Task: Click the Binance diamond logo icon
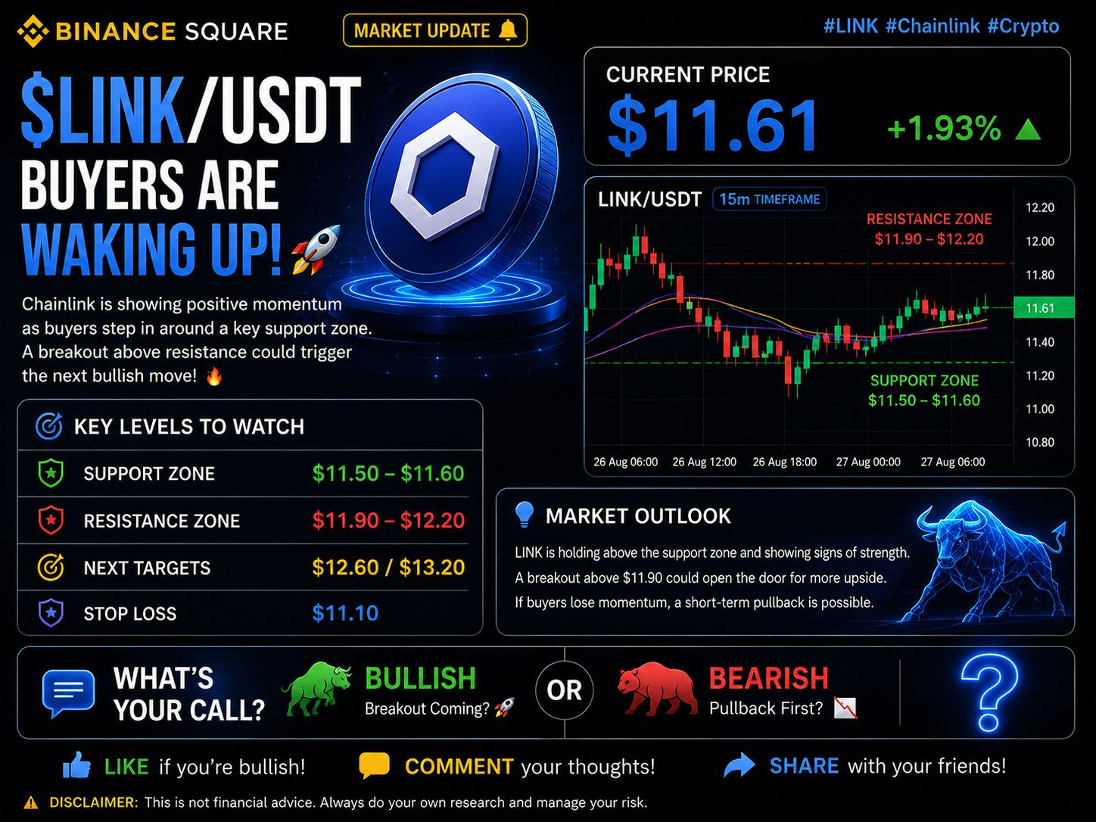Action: tap(33, 31)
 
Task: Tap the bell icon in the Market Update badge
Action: tap(509, 30)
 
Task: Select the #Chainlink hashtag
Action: tap(933, 26)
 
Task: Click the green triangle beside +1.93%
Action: tap(1028, 129)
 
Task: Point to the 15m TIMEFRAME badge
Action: tap(769, 199)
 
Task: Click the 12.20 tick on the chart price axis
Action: tap(1039, 207)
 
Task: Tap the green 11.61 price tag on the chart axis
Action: tap(1043, 308)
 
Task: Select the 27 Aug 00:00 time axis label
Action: tap(868, 462)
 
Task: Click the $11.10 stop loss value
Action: tap(345, 613)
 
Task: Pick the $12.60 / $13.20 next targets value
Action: tap(388, 568)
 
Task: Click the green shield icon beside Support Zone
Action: tap(51, 473)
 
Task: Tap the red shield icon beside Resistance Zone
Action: tap(51, 520)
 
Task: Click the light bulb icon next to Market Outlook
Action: tap(524, 515)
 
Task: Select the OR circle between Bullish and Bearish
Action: tap(564, 690)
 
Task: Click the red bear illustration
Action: tap(656, 689)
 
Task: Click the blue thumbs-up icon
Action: tap(76, 764)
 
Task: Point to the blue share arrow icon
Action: tap(739, 765)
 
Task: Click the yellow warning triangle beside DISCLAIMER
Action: tap(31, 802)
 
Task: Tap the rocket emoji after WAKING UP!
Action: tap(316, 249)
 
